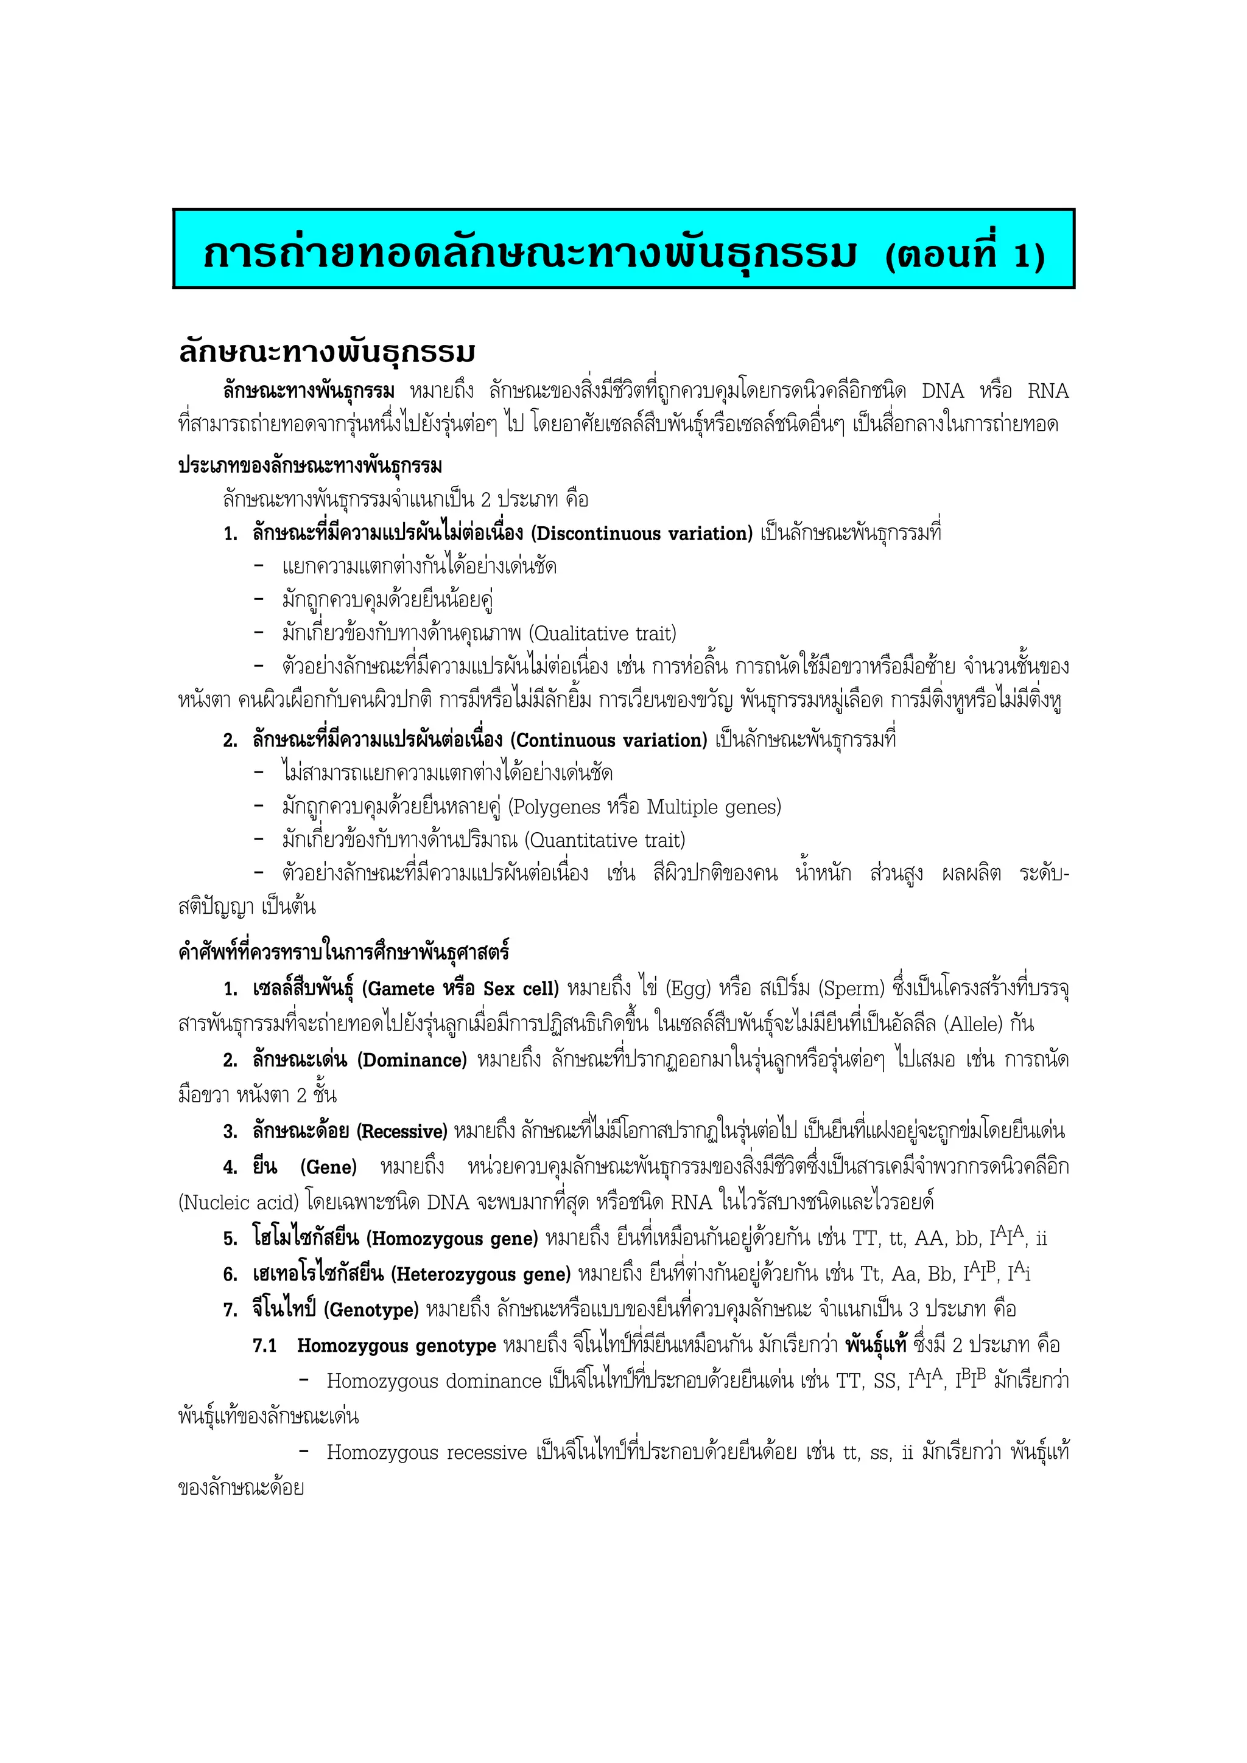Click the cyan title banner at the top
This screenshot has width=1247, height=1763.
click(x=623, y=249)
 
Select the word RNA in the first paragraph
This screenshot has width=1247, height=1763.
click(x=1048, y=392)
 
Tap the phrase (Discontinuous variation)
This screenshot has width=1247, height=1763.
click(x=642, y=534)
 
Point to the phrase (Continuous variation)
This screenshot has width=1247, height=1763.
click(x=608, y=740)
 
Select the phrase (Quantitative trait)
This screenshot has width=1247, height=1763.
click(x=605, y=840)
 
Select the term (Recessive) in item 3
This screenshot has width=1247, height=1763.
click(x=402, y=1132)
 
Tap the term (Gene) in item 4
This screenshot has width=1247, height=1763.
click(x=328, y=1167)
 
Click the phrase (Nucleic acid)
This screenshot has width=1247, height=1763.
click(x=238, y=1203)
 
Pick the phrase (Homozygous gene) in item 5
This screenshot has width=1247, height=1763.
click(x=452, y=1239)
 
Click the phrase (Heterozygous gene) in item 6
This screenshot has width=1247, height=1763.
click(x=481, y=1274)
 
